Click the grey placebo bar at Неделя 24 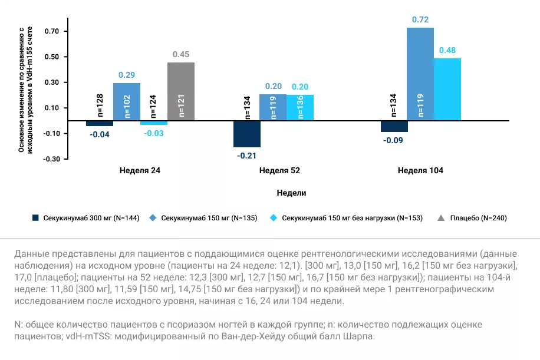pos(180,91)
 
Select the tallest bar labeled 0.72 pos(420,74)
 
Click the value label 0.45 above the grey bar pos(180,55)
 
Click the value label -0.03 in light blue pos(153,134)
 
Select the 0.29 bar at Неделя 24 pos(127,101)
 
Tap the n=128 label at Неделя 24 pos(99,104)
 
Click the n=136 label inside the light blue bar pos(300,107)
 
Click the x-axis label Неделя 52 pos(279,171)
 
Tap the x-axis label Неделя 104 pos(420,171)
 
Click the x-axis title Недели pos(291,193)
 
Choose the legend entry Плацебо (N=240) pos(478,218)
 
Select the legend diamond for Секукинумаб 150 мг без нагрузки pos(273,218)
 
